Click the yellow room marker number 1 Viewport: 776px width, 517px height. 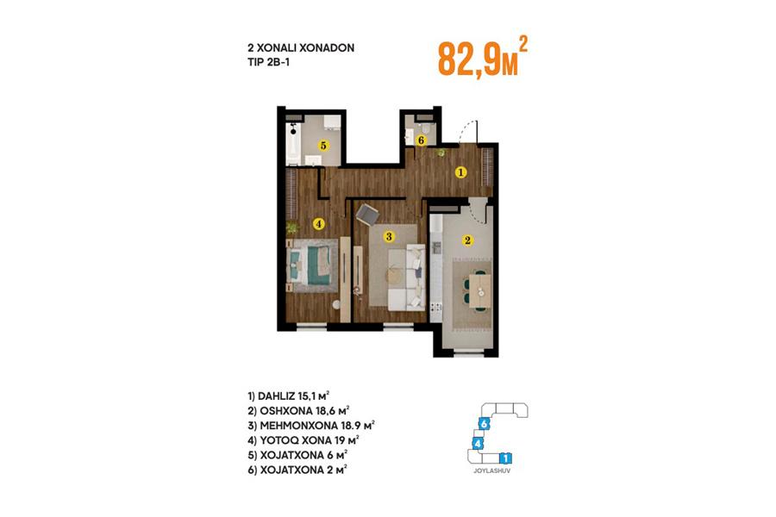460,172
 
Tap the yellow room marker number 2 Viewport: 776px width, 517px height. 467,240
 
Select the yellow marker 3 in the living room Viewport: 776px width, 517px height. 389,236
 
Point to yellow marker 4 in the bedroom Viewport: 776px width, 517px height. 319,224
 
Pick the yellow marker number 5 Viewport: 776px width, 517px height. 323,146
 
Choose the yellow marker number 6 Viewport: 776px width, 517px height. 421,140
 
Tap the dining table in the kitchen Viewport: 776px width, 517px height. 479,291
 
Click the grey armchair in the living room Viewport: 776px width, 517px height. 367,215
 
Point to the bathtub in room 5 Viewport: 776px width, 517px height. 293,144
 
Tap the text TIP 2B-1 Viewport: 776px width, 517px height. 268,62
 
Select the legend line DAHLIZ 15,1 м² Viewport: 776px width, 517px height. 289,396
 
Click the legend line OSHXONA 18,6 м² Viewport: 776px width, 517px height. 299,411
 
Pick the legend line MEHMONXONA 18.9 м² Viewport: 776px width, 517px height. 311,426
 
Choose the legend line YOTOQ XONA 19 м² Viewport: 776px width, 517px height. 304,440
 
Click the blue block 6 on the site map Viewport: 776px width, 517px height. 485,424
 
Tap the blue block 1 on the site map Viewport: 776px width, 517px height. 505,458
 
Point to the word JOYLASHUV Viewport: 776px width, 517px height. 491,471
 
